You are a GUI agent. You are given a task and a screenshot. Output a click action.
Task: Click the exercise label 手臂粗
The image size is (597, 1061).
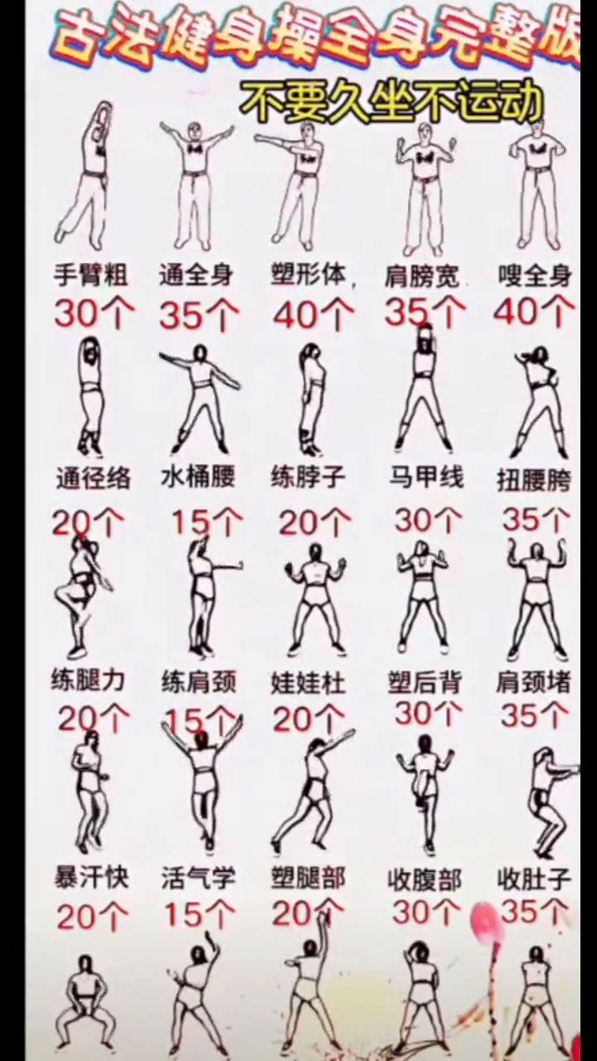(90, 275)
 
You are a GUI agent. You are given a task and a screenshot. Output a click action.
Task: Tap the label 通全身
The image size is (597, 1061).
(197, 275)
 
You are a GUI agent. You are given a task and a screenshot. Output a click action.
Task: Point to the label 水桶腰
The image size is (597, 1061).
(198, 477)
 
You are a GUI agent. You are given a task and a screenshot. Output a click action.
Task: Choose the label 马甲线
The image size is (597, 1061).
(426, 477)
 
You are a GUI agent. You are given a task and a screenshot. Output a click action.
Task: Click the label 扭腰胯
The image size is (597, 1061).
(534, 480)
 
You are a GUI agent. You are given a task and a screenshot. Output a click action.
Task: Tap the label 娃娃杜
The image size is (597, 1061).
(308, 683)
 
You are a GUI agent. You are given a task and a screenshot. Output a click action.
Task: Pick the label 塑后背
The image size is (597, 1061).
(424, 682)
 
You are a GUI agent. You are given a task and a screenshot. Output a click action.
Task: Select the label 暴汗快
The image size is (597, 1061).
(91, 877)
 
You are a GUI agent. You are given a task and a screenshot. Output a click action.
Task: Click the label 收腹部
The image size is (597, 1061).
(425, 879)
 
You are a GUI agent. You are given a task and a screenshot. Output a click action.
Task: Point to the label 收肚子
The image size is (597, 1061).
(534, 879)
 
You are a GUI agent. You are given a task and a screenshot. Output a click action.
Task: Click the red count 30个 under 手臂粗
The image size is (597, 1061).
(94, 314)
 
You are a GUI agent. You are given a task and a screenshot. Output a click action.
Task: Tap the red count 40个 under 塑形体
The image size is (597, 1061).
(313, 315)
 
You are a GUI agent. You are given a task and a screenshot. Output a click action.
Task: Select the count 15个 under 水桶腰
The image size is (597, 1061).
(206, 522)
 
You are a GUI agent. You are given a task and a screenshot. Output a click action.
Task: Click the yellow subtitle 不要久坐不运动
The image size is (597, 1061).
(391, 104)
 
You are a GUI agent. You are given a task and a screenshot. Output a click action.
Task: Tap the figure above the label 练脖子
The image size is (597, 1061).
(311, 398)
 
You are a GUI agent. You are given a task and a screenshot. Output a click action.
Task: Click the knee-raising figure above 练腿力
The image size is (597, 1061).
(83, 597)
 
